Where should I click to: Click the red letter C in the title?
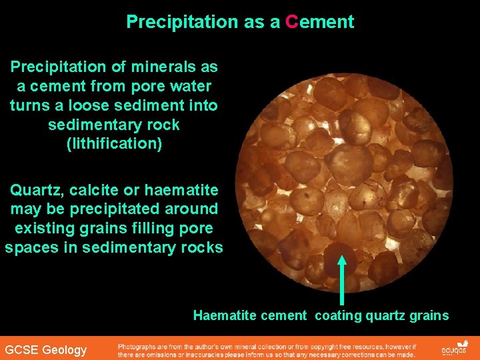click(291, 22)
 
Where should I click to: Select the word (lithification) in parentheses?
click(114, 143)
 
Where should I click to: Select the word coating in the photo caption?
click(338, 315)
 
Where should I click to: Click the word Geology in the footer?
click(64, 350)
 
